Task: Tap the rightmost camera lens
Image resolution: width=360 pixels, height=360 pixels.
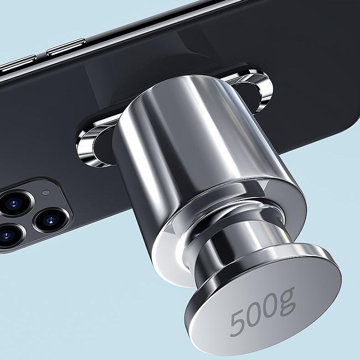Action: pyautogui.click(x=50, y=221)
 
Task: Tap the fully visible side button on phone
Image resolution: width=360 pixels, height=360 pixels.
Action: pyautogui.click(x=67, y=47)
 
